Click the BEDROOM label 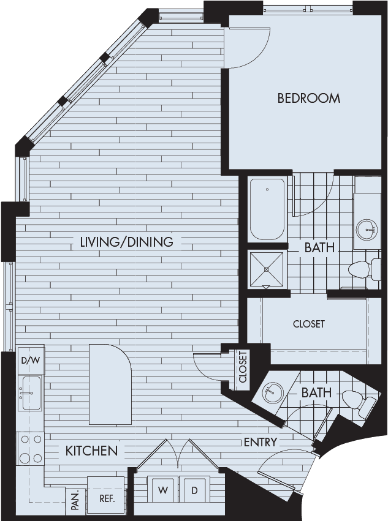(x=308, y=99)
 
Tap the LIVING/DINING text (x=127, y=242)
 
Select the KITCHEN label (x=91, y=451)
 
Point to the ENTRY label (x=261, y=442)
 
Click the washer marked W (x=162, y=490)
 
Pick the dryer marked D (x=195, y=490)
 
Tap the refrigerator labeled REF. (x=107, y=498)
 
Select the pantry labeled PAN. (x=75, y=503)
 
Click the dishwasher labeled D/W (x=31, y=361)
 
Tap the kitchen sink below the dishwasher (x=31, y=393)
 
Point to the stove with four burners (x=30, y=449)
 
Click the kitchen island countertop (x=110, y=384)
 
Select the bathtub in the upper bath (x=267, y=209)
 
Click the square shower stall (x=267, y=269)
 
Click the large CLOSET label (x=309, y=324)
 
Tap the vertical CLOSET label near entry (x=243, y=367)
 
